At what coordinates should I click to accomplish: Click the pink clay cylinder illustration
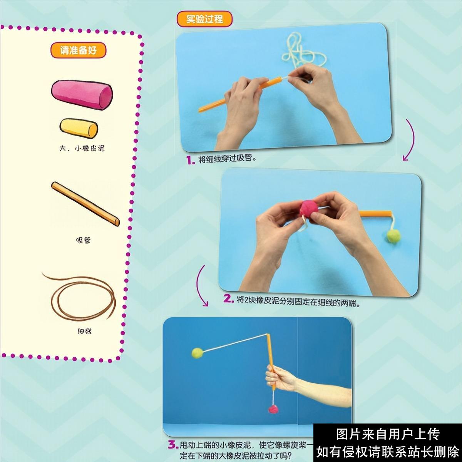click(82, 94)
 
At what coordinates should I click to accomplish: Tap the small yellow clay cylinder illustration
click(79, 128)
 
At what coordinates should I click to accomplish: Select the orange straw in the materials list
click(85, 204)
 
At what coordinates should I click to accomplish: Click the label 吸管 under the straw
click(83, 240)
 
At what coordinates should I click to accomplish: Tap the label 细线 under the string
click(84, 331)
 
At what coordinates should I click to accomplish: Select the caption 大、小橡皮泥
click(82, 148)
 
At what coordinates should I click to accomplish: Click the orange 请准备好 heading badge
click(78, 50)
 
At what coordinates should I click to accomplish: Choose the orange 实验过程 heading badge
click(204, 19)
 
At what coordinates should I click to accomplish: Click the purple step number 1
click(191, 160)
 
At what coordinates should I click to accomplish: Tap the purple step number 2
click(229, 299)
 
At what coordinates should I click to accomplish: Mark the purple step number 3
click(173, 445)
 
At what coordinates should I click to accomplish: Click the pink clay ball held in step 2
click(309, 209)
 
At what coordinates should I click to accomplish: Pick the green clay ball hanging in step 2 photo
click(393, 236)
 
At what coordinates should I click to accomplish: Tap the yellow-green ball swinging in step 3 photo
click(198, 353)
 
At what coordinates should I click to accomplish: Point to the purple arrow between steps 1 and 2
click(410, 141)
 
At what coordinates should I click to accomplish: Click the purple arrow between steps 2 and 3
click(200, 285)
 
